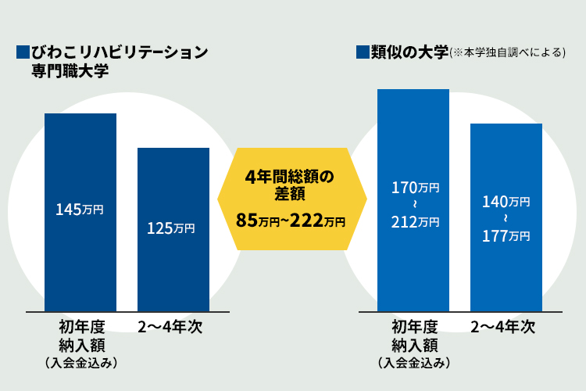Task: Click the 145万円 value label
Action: click(x=80, y=210)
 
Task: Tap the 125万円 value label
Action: click(x=172, y=228)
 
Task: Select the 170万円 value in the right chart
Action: click(x=415, y=188)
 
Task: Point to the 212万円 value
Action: click(x=415, y=222)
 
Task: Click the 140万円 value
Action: click(x=506, y=202)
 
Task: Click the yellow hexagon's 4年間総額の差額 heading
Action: click(x=290, y=185)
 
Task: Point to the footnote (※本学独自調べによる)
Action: click(x=508, y=53)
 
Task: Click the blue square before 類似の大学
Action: click(x=362, y=52)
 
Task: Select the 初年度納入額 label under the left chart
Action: click(x=81, y=335)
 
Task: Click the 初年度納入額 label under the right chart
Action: click(x=414, y=335)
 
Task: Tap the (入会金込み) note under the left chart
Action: click(x=81, y=362)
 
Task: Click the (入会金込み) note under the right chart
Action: click(x=414, y=362)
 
